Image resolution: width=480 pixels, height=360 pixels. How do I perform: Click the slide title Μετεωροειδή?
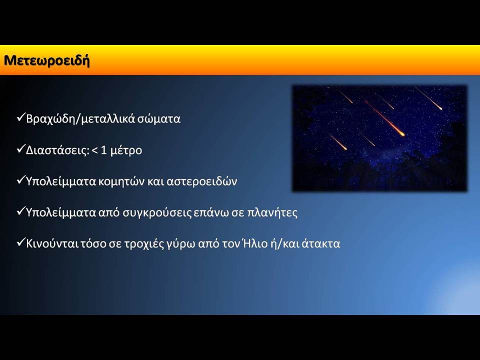pyautogui.click(x=47, y=60)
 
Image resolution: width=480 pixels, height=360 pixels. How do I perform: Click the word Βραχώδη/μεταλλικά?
pyautogui.click(x=80, y=119)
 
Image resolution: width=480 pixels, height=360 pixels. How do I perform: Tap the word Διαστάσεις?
pyautogui.click(x=57, y=150)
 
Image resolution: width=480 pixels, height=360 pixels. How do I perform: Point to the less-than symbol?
pyautogui.click(x=94, y=150)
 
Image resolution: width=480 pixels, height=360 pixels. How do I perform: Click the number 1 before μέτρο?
pyautogui.click(x=104, y=150)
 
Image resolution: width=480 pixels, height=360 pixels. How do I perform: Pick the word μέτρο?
pyautogui.click(x=126, y=150)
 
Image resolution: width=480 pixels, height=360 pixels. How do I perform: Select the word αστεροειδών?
pyautogui.click(x=201, y=181)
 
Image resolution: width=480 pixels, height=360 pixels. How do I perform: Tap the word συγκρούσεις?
pyautogui.click(x=157, y=213)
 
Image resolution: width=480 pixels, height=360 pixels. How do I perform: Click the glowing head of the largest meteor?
pyautogui.click(x=401, y=133)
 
